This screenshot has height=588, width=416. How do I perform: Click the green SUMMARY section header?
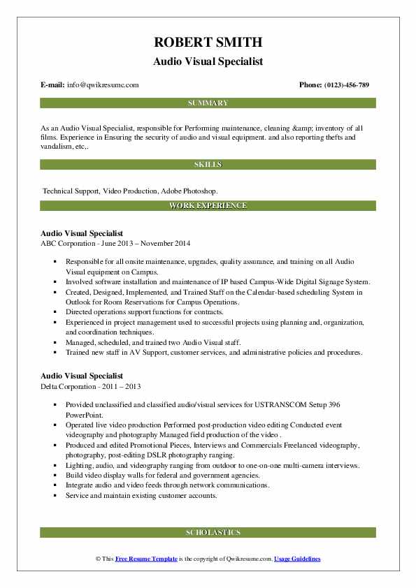coord(208,103)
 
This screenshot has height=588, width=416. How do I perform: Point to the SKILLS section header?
coord(208,165)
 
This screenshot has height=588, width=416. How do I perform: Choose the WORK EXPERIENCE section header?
coord(208,206)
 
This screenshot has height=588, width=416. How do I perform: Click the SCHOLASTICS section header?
coord(208,532)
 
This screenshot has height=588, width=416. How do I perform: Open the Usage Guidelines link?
coord(297,559)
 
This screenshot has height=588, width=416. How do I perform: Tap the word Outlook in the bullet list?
coord(80,302)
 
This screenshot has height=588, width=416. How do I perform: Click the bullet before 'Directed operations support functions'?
coord(55,311)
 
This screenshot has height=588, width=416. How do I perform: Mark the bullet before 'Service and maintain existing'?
coord(55,496)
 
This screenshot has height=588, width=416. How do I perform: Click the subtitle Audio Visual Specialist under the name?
coord(208,61)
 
